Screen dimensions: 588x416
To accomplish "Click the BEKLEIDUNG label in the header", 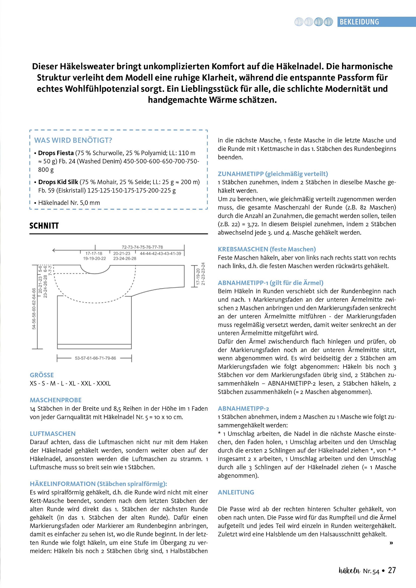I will coord(359,22).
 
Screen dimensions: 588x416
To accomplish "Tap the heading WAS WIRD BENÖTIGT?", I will coord(73,140).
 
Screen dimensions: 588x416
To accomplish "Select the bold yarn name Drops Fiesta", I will coord(56,153).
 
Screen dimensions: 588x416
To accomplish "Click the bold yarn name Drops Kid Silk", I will coord(58,182).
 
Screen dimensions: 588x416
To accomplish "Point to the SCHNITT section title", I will coord(44,226).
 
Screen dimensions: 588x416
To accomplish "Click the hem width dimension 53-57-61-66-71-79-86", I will coord(95,358).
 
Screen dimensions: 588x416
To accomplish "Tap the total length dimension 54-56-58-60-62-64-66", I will coord(34,309).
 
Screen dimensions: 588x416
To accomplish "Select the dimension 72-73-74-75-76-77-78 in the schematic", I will coord(142,247).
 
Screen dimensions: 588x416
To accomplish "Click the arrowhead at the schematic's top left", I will coord(54,250).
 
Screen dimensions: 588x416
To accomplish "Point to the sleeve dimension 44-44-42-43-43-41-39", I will coord(160,254).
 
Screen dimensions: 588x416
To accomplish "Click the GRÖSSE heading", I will coord(42,375).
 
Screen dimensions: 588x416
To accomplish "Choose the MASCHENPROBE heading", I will coord(56,400).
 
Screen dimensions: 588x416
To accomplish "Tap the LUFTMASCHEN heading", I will coord(53,434).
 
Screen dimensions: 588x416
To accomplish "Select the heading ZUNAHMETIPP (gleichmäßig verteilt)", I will coord(273,174).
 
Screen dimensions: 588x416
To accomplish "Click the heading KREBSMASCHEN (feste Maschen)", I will coord(267,249).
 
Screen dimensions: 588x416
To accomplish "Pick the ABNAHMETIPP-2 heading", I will coord(243,408).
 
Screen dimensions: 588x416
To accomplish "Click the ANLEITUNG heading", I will coord(236,492).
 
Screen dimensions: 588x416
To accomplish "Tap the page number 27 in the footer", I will coord(392,570).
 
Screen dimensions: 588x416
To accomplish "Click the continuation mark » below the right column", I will coord(391,543).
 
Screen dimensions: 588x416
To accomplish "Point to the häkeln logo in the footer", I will coord(349,571).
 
